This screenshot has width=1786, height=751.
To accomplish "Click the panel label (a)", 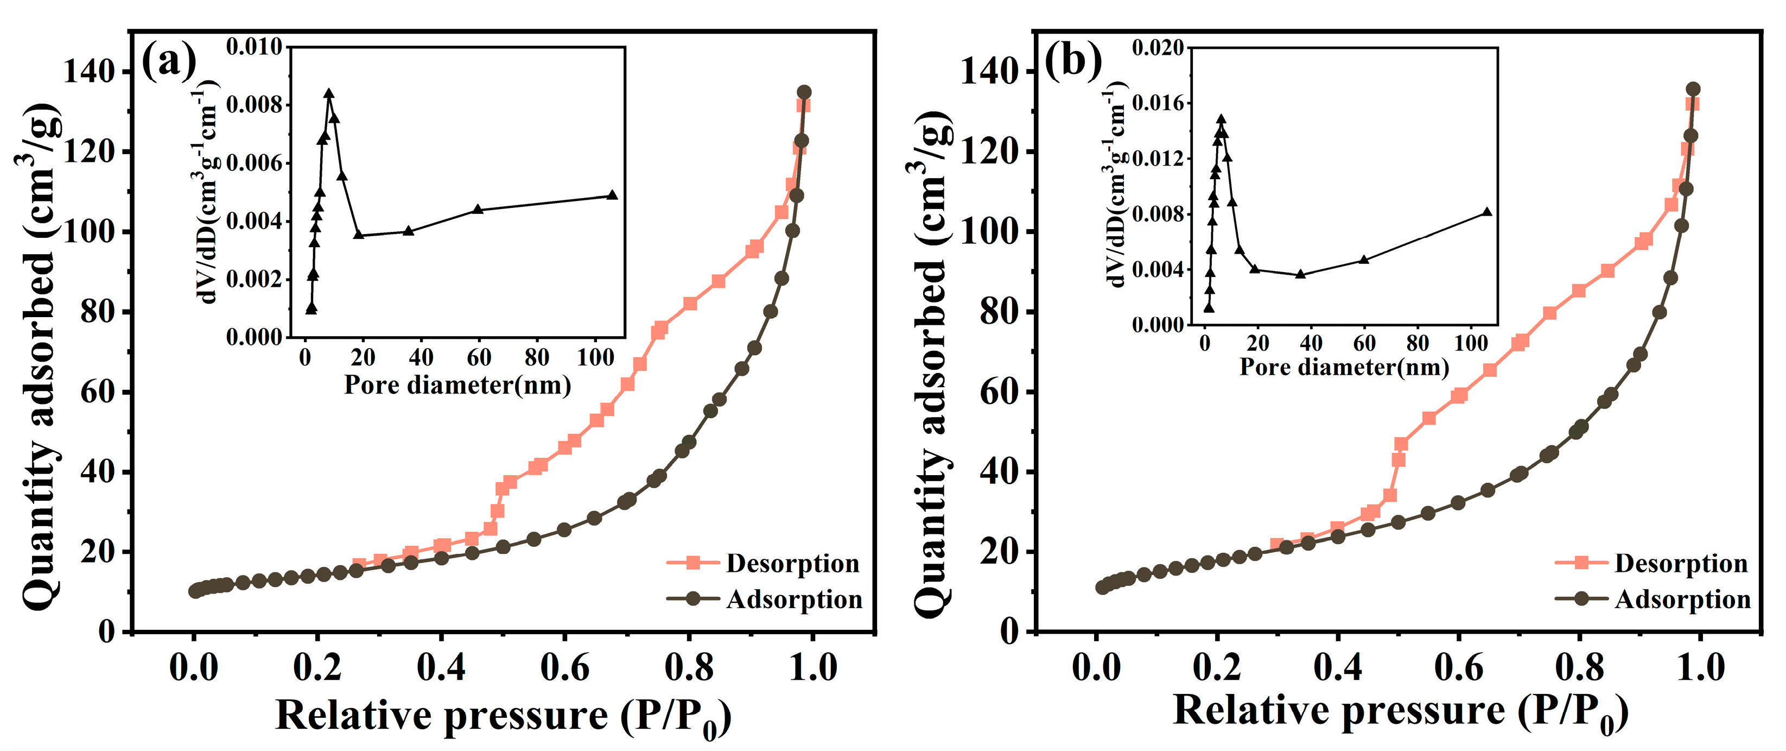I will coord(168,61).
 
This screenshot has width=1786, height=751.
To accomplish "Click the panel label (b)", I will coord(1072,61).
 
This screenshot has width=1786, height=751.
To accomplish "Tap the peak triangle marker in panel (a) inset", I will coord(329,93).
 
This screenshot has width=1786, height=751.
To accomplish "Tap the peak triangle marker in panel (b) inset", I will coord(1221,120).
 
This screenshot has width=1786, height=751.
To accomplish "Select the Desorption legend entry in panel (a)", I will coord(762,563).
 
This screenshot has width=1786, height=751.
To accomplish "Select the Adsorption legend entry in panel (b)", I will coord(1652,599).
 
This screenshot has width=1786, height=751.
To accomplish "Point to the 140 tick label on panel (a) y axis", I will coord(89,72).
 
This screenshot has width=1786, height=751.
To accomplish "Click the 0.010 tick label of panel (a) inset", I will coord(255,47).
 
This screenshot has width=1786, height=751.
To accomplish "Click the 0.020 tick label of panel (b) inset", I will coord(1158,48).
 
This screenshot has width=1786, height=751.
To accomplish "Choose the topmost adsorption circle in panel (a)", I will coord(804,92).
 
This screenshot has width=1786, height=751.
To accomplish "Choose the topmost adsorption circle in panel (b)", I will coord(1693,89).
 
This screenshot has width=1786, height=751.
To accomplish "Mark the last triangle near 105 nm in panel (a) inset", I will coord(612,195).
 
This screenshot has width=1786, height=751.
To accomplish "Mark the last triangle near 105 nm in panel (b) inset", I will coord(1486,212).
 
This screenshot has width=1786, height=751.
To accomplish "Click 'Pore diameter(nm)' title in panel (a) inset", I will coord(457,385).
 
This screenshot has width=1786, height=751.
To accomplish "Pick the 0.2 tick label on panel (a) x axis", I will coord(317,667).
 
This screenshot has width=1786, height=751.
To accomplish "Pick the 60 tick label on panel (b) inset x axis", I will coord(1364,343).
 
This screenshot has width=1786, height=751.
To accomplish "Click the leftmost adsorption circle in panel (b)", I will coord(1102,588).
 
